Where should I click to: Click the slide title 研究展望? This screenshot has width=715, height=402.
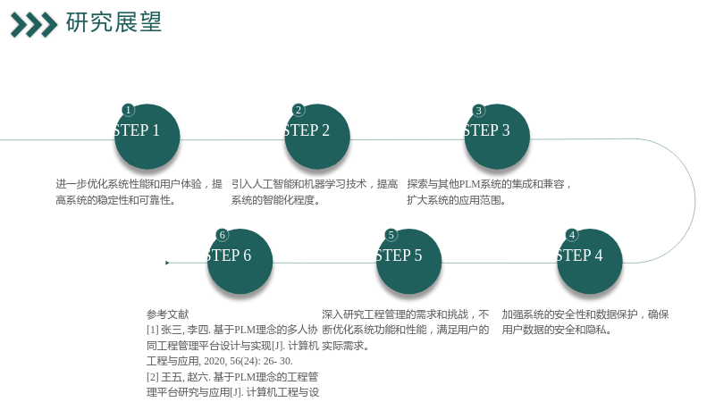114,21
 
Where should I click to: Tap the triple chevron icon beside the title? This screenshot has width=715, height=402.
34,25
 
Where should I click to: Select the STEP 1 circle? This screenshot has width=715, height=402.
147,137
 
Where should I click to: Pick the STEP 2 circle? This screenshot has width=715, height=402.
317,137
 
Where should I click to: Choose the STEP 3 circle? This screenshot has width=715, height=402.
497,137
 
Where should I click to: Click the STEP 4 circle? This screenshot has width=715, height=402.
590,262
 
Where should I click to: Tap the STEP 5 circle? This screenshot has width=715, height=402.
409,262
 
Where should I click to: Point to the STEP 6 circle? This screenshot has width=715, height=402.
240,262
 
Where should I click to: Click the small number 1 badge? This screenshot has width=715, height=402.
128,110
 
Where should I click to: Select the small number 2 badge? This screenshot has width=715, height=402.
299,110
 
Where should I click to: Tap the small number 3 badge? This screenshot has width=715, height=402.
478,110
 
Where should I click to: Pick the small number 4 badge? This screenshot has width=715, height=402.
572,235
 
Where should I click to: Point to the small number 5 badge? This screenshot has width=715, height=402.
391,235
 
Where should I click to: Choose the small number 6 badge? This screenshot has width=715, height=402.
222,235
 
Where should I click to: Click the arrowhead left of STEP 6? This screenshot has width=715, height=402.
167,263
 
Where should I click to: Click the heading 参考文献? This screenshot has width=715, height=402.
167,314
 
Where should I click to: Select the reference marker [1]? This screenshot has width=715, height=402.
152,330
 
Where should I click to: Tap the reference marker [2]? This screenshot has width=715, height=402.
152,377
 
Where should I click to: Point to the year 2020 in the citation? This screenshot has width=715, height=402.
214,361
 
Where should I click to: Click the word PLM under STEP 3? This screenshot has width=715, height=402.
469,184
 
